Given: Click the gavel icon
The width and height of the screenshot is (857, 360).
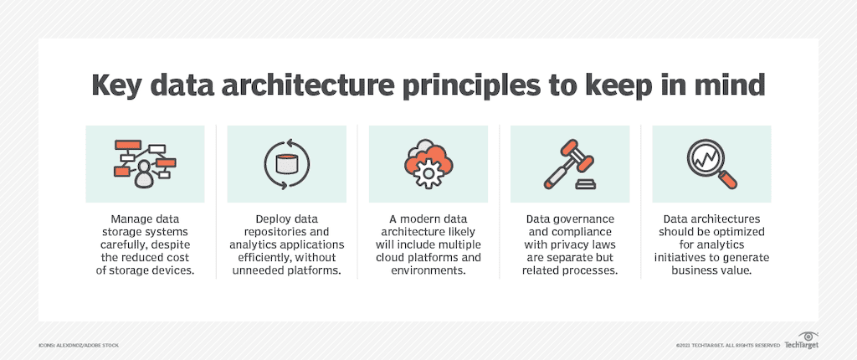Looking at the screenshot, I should [569, 163].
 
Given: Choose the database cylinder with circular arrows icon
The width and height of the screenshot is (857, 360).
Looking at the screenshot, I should [286, 163].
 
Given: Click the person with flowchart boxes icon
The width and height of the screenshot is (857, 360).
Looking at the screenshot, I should [144, 163].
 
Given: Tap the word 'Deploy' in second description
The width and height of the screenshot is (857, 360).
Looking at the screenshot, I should [262, 219].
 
